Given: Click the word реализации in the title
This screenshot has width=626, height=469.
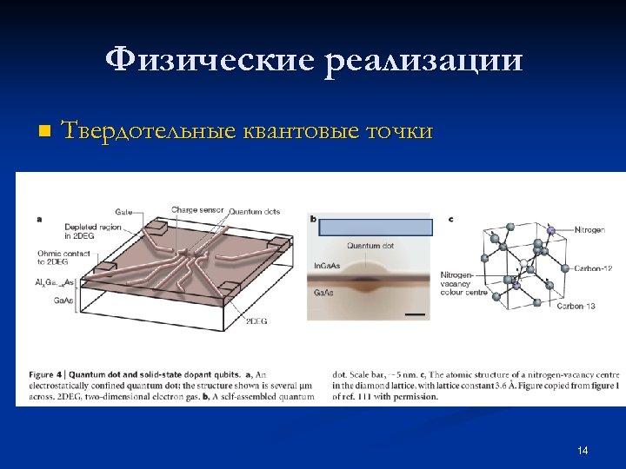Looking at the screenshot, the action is click(x=425, y=61).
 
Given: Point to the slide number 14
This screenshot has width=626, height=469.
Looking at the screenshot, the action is click(x=582, y=450).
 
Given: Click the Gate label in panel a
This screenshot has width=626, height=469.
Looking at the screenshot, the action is click(x=123, y=211).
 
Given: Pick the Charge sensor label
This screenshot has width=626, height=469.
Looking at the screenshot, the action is click(x=197, y=210).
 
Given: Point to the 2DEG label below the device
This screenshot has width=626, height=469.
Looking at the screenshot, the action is click(x=256, y=321).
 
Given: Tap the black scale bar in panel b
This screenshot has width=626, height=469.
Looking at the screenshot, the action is click(x=416, y=313).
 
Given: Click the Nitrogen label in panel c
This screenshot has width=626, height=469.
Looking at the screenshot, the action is click(x=592, y=230).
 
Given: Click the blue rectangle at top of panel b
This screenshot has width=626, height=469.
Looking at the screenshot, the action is click(x=375, y=228).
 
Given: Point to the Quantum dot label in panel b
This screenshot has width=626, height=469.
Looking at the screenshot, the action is click(x=370, y=246).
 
